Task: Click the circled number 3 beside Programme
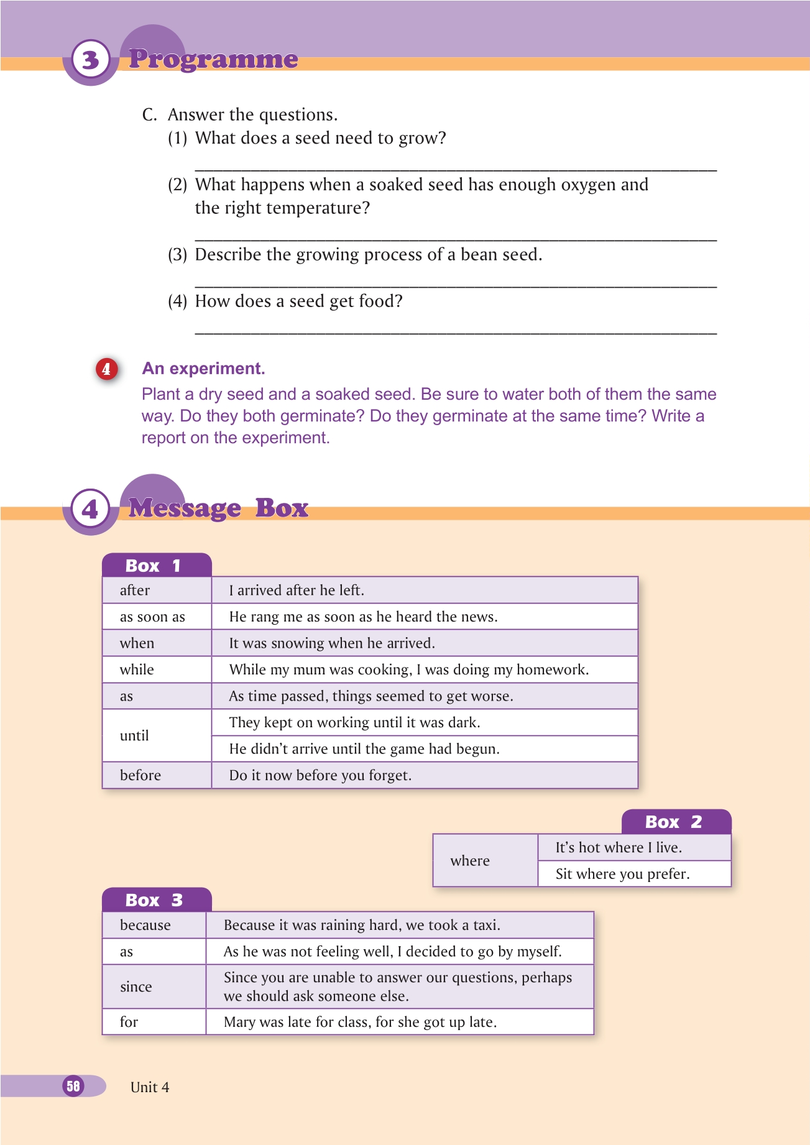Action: point(91,60)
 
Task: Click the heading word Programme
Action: point(213,59)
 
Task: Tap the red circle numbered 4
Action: point(106,369)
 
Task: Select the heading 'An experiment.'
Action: point(203,369)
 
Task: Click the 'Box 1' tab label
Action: point(153,566)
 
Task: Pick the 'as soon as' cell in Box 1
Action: point(152,617)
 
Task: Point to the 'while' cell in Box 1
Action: point(137,669)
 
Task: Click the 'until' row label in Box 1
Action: point(134,735)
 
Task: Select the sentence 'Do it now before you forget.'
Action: point(320,775)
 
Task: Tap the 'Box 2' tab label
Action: point(673,822)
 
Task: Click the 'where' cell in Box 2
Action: point(470,861)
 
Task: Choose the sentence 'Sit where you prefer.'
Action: point(622,874)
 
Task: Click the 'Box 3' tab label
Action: point(154,900)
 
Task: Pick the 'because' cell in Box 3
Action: point(145,925)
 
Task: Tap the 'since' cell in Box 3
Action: point(136,986)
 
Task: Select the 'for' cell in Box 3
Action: point(129,1022)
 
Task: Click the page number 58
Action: point(73,1086)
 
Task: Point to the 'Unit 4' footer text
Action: point(150,1087)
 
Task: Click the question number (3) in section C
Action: point(177,255)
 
